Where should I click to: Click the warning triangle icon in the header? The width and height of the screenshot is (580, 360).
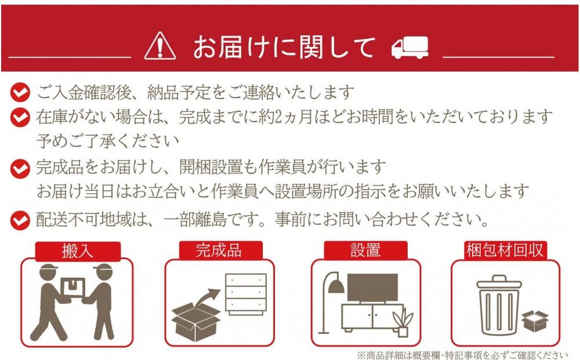[x=160, y=46]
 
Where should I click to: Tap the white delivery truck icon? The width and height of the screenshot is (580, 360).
[x=410, y=47]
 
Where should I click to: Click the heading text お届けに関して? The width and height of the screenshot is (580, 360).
[x=284, y=47]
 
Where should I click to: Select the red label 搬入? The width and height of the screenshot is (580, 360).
[x=78, y=251]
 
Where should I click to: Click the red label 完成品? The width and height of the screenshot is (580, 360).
[x=219, y=250]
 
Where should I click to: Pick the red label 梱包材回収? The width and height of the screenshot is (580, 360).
[x=505, y=250]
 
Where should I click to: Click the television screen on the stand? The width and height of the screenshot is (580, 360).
[x=372, y=287]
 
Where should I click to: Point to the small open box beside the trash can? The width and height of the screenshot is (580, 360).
[x=535, y=321]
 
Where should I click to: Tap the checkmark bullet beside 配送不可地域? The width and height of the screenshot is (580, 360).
[x=20, y=220]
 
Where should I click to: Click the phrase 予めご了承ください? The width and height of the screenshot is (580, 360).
[x=107, y=141]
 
